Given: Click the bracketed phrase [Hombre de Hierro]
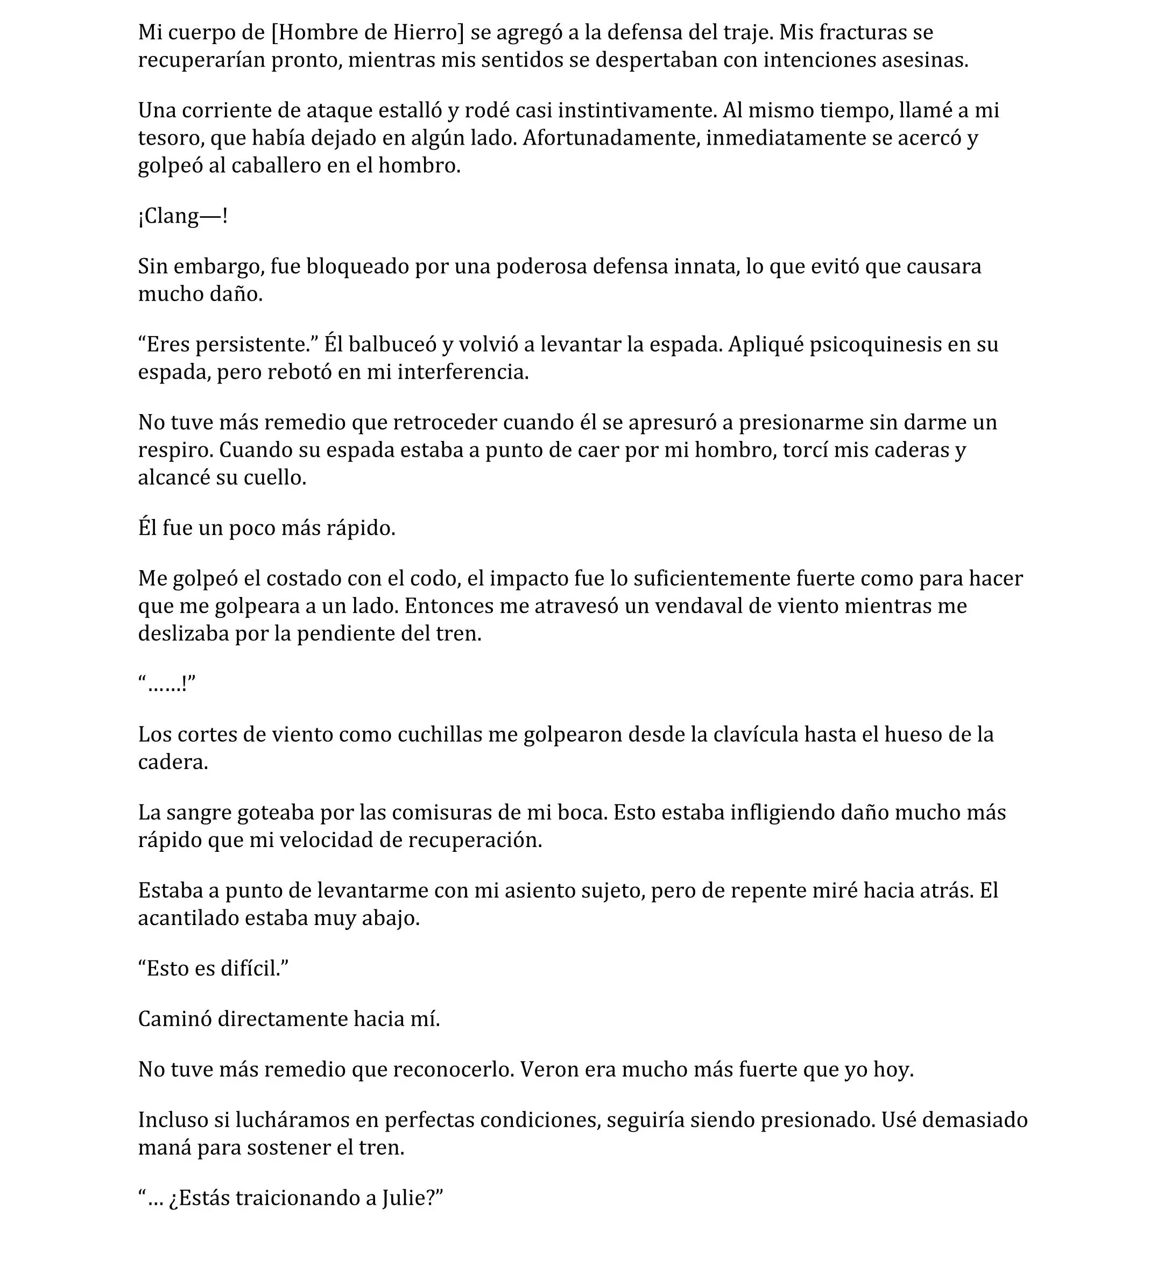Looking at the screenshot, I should (x=367, y=32).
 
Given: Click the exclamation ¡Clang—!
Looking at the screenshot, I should (x=182, y=216).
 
